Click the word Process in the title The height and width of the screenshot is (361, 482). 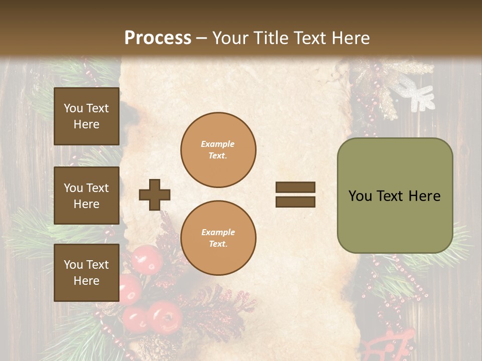(x=158, y=38)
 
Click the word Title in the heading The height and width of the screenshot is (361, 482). (x=270, y=38)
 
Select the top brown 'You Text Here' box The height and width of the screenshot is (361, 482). (x=86, y=116)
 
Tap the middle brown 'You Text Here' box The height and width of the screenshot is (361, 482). (x=86, y=196)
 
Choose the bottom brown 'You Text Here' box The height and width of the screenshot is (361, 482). (x=86, y=273)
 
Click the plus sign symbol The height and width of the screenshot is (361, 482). (x=155, y=195)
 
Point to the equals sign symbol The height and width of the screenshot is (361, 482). (x=295, y=195)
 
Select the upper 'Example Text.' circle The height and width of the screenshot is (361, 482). (x=218, y=150)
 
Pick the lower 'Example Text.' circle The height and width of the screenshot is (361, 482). (x=218, y=238)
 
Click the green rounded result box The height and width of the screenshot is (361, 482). (x=395, y=196)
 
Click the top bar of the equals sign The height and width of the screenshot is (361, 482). (x=295, y=188)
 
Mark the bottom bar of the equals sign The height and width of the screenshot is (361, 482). (x=295, y=202)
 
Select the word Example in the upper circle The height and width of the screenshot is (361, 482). (x=218, y=144)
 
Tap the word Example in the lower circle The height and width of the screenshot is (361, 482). (x=218, y=232)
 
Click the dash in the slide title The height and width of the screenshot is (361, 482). (x=202, y=39)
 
